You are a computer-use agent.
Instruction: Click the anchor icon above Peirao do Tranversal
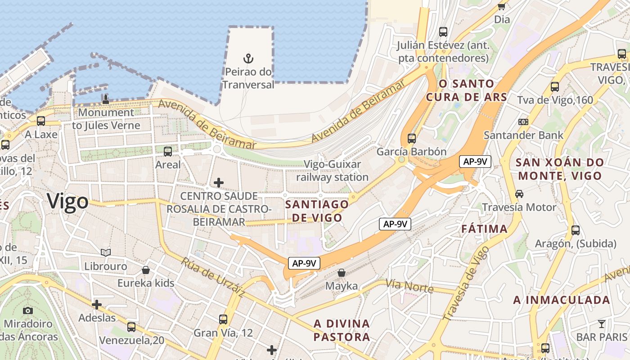tap(248, 58)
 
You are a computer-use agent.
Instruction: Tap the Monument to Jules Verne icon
tap(106, 99)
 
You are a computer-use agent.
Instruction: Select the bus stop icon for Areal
tap(168, 151)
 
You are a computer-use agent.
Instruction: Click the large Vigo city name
tap(67, 201)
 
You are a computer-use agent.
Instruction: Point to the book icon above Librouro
tap(106, 253)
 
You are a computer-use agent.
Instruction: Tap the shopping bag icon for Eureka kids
tap(146, 270)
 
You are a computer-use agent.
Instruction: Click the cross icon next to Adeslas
tap(97, 305)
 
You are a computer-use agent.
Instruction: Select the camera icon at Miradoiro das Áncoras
tap(28, 310)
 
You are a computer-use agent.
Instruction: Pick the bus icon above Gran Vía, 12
tap(223, 319)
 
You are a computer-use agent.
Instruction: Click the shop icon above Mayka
tap(342, 273)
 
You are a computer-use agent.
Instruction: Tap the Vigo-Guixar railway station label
tap(333, 171)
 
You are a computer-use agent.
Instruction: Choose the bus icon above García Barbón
tap(411, 138)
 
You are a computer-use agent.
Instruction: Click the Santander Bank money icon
tap(523, 121)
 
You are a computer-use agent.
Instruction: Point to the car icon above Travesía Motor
tap(519, 194)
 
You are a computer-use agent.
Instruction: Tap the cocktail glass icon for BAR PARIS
tap(602, 324)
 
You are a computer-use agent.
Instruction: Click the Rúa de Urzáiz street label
tap(213, 277)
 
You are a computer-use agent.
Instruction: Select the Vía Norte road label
tap(409, 286)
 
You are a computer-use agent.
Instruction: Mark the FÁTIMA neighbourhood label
tap(484, 229)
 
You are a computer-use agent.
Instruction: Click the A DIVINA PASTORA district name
tap(342, 330)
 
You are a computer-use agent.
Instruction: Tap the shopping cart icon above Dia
tap(502, 6)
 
